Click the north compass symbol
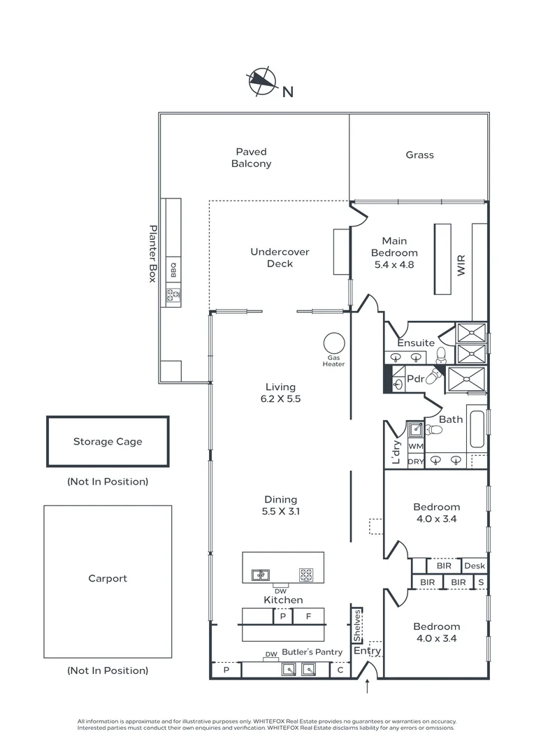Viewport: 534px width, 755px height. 261,81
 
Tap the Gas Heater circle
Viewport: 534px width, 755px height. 334,343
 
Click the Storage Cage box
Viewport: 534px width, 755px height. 108,442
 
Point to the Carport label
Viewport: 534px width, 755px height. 108,579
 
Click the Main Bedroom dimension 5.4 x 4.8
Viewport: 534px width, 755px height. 394,265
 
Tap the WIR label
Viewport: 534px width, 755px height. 461,266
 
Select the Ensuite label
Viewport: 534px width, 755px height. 416,343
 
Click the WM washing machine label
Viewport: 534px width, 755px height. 415,446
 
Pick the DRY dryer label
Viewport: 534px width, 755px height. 415,461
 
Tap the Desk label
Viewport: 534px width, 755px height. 474,566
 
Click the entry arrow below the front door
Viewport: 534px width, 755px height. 368,688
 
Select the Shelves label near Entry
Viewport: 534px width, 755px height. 356,625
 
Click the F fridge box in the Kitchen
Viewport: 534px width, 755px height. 308,617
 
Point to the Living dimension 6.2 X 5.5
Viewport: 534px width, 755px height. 280,399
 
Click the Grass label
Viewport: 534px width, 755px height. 419,155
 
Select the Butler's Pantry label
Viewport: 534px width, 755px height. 312,652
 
